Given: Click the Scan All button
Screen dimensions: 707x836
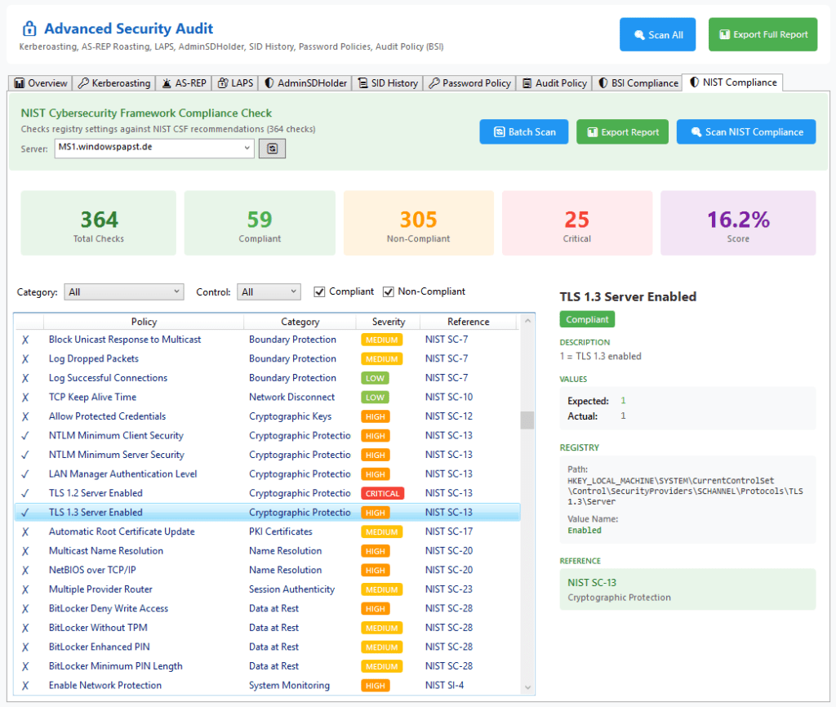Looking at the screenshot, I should (x=657, y=35).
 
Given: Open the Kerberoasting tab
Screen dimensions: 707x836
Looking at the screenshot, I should (x=114, y=82).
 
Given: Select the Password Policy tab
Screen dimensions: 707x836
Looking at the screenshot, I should (x=470, y=82).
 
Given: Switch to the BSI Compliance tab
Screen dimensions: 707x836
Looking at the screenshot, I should (x=638, y=82).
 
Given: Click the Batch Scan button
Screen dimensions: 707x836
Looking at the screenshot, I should (x=523, y=132).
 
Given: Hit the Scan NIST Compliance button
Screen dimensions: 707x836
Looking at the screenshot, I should (x=745, y=132).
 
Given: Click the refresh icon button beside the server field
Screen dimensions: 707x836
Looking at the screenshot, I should (x=272, y=149).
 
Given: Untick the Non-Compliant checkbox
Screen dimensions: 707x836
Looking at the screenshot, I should (x=389, y=291).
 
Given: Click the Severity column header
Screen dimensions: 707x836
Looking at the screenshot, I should (x=388, y=322).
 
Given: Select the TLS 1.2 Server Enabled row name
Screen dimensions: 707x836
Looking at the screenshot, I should (x=96, y=493).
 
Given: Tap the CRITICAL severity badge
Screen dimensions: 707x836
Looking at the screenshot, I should (x=382, y=493).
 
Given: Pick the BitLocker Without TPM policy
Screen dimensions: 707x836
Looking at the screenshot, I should (x=98, y=628).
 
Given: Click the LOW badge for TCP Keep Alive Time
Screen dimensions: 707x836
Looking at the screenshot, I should (x=375, y=398).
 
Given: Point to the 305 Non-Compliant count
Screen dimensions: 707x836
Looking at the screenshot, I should (x=418, y=220).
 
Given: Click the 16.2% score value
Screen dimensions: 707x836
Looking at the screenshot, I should (x=738, y=220).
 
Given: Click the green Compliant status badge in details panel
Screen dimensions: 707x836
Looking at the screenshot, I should (x=587, y=319).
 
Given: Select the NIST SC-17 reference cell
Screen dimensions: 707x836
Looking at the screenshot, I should (x=448, y=531).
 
